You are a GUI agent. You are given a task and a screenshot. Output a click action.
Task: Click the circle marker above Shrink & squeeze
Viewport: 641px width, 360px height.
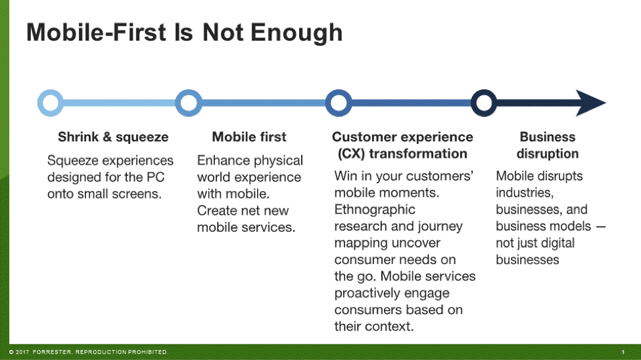[x=39, y=103]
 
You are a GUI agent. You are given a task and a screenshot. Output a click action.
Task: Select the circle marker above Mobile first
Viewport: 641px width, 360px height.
[x=177, y=103]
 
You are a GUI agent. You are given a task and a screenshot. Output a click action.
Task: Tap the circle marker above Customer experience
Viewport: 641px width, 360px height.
[x=327, y=103]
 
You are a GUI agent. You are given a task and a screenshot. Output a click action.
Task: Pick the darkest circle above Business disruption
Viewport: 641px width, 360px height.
[x=473, y=103]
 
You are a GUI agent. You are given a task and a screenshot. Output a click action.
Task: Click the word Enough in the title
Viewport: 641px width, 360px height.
[x=297, y=33]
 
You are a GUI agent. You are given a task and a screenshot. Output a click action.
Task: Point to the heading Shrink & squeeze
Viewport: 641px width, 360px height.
[x=113, y=137]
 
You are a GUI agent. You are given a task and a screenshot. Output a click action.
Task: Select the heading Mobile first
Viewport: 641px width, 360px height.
[x=249, y=137]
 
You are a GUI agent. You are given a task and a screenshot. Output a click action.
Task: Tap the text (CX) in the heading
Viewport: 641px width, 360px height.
[x=351, y=154]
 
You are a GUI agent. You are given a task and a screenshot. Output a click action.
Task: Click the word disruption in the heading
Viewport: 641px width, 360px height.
[x=548, y=154]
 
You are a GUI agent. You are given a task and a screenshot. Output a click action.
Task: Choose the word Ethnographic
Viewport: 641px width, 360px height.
[x=375, y=210]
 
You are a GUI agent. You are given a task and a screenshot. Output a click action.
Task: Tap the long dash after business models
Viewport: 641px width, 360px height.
[x=601, y=227]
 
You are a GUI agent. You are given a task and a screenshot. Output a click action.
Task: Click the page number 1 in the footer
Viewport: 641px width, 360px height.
[x=623, y=352]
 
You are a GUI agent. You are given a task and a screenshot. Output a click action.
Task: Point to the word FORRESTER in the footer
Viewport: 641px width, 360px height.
[x=53, y=352]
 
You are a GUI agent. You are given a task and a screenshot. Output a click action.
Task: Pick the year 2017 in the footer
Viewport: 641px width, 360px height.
[x=22, y=352]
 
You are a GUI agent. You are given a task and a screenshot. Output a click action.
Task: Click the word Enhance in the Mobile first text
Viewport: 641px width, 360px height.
[x=221, y=160]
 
